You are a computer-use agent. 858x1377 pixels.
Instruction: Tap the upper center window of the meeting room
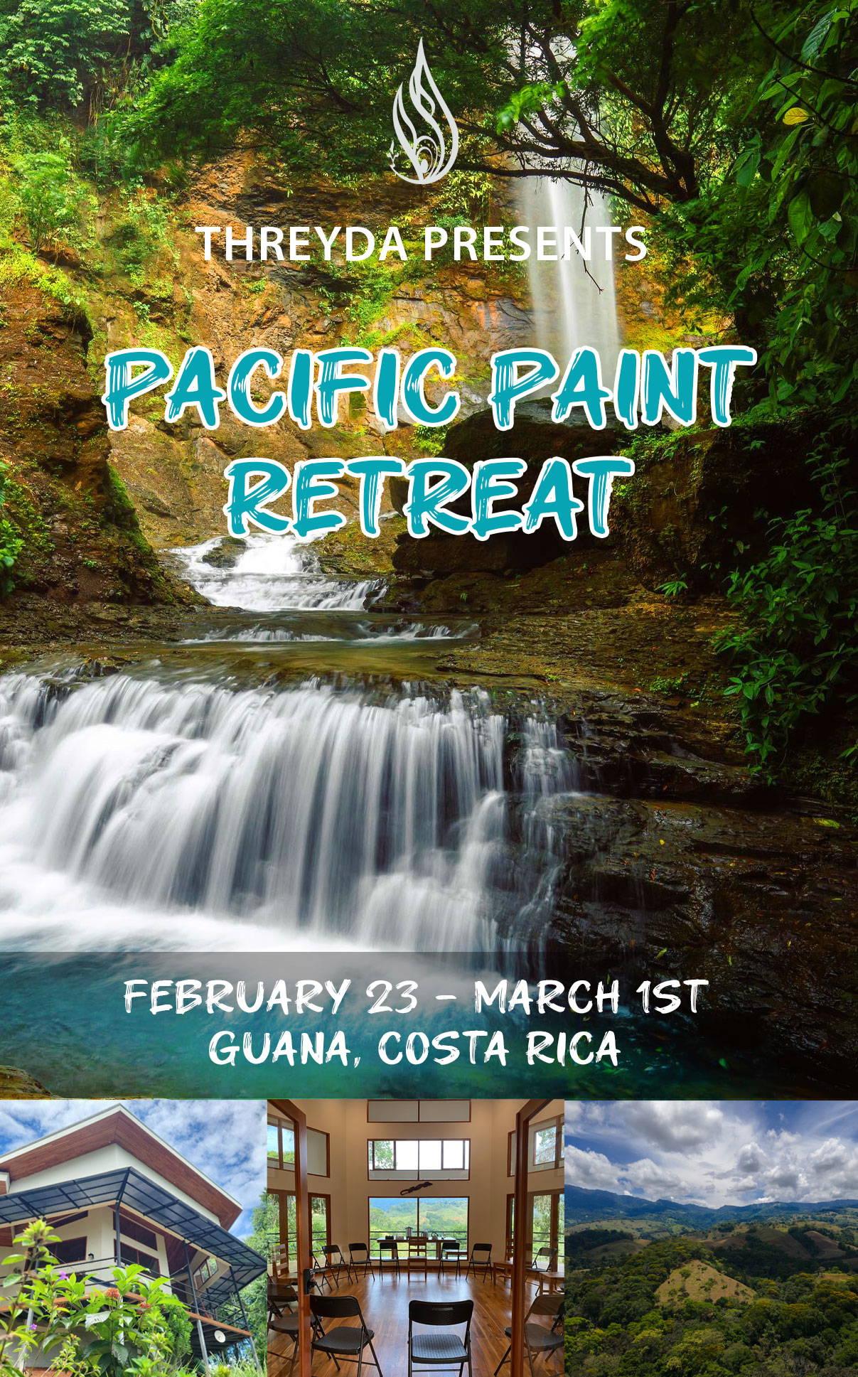(418, 1159)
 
